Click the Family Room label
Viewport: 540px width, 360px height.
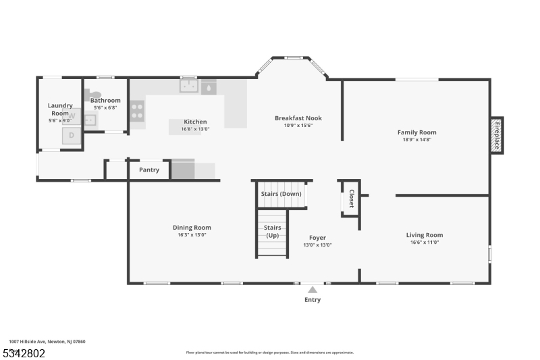click(x=416, y=132)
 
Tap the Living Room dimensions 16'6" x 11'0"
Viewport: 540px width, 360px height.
click(x=424, y=242)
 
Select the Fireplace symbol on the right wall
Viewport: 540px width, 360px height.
click(x=496, y=135)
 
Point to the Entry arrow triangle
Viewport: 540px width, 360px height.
click(x=312, y=289)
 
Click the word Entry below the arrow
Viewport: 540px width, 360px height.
click(x=313, y=300)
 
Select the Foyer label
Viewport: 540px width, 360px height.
click(x=317, y=238)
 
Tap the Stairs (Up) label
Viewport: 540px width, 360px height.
click(x=272, y=232)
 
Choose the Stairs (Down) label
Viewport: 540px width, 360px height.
click(x=281, y=195)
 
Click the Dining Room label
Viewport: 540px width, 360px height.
click(x=192, y=228)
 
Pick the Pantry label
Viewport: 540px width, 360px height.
click(x=149, y=170)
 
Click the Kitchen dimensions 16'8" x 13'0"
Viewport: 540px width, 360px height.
click(x=194, y=129)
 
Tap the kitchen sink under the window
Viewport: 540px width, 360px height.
click(x=188, y=86)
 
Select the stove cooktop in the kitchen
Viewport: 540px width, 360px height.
click(x=137, y=111)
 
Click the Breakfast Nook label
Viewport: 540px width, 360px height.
click(x=298, y=118)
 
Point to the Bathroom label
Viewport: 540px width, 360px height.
click(x=105, y=101)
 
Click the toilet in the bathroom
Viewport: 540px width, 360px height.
click(x=93, y=95)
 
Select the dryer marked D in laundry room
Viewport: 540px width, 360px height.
click(x=70, y=137)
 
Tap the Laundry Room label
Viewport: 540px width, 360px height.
click(x=59, y=109)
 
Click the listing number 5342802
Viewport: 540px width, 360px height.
click(x=24, y=353)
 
